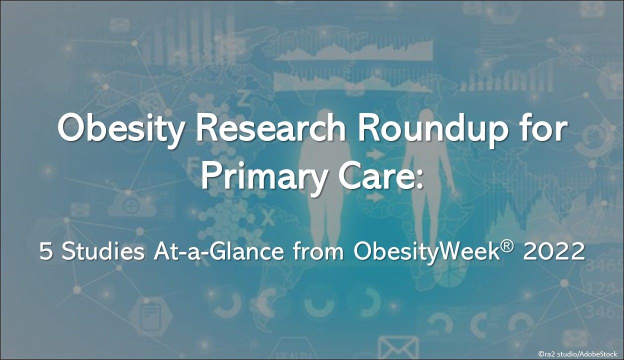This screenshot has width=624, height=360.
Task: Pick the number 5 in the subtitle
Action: coord(46,251)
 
